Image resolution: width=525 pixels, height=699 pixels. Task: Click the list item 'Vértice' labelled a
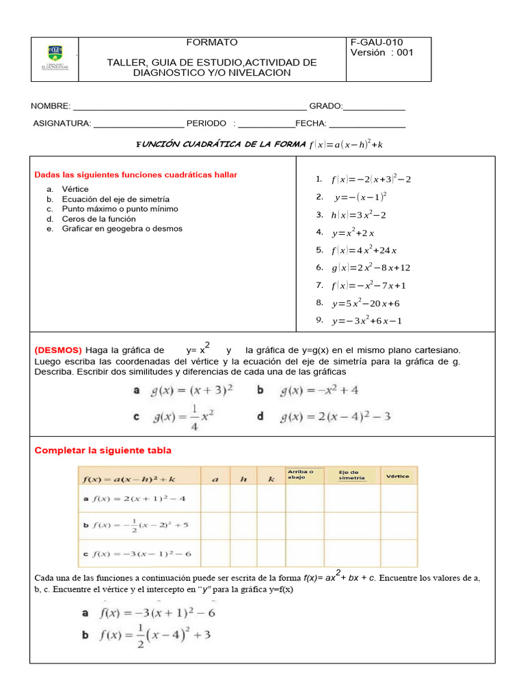(x=75, y=189)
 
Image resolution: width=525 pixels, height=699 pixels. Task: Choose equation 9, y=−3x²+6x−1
(x=366, y=321)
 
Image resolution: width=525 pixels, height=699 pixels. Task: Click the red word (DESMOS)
(x=58, y=349)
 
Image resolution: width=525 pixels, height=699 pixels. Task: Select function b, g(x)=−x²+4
(x=319, y=390)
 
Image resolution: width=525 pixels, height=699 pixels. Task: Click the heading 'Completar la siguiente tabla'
(x=103, y=451)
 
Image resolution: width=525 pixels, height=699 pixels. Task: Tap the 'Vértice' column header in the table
(x=398, y=476)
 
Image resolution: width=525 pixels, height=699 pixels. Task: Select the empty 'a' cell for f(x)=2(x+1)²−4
(x=215, y=498)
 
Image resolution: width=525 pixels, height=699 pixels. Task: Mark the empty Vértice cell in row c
(x=398, y=553)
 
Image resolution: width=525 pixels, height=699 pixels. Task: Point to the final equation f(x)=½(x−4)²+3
(x=156, y=636)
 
